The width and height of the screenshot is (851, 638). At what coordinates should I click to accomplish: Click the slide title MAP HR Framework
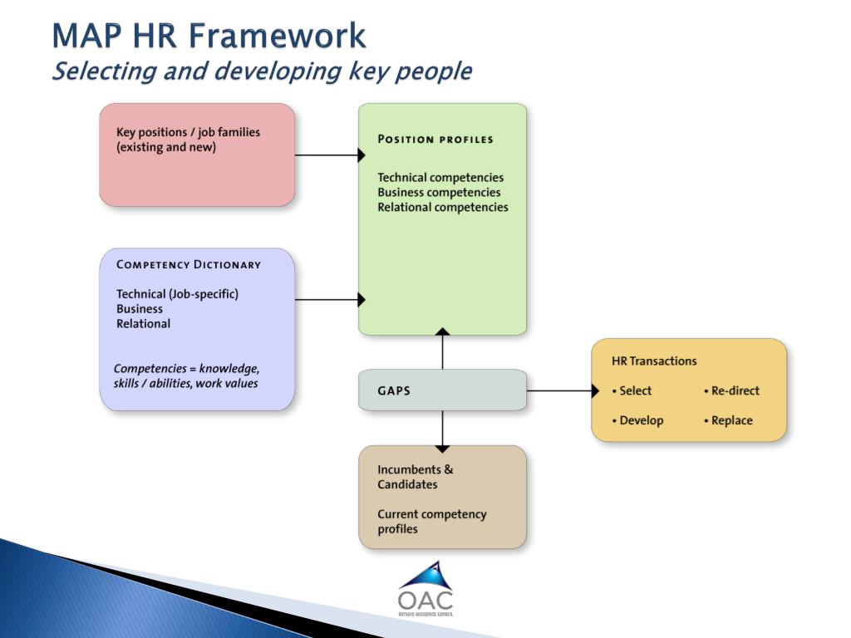[209, 37]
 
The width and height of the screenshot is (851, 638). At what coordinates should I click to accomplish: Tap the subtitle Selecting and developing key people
[262, 72]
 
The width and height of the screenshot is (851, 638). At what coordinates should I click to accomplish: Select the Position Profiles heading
[435, 139]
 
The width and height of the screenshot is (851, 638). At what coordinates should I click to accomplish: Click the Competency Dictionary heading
[189, 265]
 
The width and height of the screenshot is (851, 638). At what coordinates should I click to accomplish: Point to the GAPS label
[394, 390]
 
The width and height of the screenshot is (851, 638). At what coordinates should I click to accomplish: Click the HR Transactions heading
[654, 361]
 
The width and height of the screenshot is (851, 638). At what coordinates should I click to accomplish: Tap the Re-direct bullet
[731, 390]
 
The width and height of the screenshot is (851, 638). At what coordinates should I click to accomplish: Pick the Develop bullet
[637, 420]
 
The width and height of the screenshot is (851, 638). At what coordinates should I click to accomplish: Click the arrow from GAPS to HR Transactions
[562, 390]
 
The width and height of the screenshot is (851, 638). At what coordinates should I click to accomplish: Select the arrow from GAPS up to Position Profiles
[442, 349]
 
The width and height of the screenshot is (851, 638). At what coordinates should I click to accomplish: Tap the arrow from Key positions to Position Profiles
[329, 155]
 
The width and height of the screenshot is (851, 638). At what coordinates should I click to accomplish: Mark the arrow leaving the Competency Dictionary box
[329, 300]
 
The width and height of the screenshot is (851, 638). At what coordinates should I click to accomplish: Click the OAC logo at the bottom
[425, 589]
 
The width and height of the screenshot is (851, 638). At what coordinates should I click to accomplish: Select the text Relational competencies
[443, 208]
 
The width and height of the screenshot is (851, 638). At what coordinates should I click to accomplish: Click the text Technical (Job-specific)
[177, 294]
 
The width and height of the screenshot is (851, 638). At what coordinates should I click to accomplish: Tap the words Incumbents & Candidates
[416, 477]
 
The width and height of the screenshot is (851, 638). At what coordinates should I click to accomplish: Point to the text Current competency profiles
[432, 522]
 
